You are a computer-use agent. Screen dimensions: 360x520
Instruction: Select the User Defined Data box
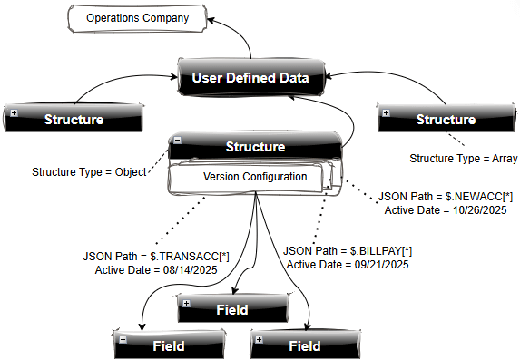[x=250, y=79]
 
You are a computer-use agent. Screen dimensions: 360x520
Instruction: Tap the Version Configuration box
[x=255, y=178]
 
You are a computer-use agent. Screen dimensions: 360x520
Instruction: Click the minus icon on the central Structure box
[x=178, y=141]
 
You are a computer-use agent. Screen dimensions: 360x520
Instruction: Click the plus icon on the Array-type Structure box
[x=387, y=113]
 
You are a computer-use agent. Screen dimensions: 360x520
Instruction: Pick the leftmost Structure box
[x=73, y=119]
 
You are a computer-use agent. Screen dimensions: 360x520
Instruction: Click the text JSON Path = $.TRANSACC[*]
[x=156, y=257]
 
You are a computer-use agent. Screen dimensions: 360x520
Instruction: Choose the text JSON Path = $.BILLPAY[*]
[x=348, y=250]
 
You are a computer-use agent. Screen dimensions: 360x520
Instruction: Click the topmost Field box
[x=231, y=309]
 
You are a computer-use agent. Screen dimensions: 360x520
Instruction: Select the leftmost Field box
[x=168, y=345]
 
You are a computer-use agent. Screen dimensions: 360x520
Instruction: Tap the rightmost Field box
[x=304, y=345]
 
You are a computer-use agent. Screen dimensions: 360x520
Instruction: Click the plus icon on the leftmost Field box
[x=123, y=339]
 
